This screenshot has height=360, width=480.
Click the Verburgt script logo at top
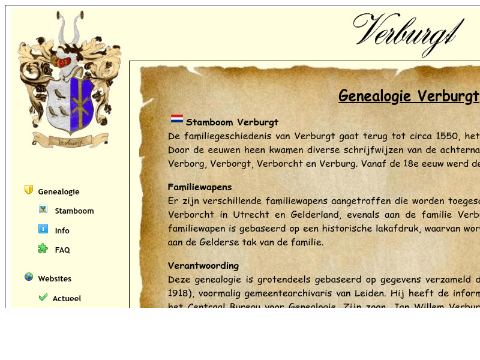[x=409, y=32]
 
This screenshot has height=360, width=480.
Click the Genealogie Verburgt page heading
[x=409, y=96]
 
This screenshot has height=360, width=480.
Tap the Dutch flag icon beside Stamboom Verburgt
[x=177, y=119]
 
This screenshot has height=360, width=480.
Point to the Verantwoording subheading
[x=203, y=265]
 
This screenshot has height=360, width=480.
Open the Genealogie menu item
[x=59, y=192]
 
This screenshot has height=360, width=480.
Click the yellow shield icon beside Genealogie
[x=29, y=190]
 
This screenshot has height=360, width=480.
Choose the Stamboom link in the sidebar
[x=74, y=211]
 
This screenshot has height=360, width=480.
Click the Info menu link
[x=62, y=230]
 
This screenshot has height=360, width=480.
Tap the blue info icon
[x=43, y=229]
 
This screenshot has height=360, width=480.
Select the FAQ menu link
[x=62, y=250]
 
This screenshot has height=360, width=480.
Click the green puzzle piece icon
[x=43, y=248]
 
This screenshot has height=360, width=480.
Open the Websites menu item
[x=55, y=279]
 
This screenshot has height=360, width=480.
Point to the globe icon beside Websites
[x=29, y=277]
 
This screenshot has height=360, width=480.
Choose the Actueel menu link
[x=67, y=299]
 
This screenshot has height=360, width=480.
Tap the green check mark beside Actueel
[x=43, y=296]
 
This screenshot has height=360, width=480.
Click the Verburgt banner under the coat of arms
[x=70, y=142]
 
